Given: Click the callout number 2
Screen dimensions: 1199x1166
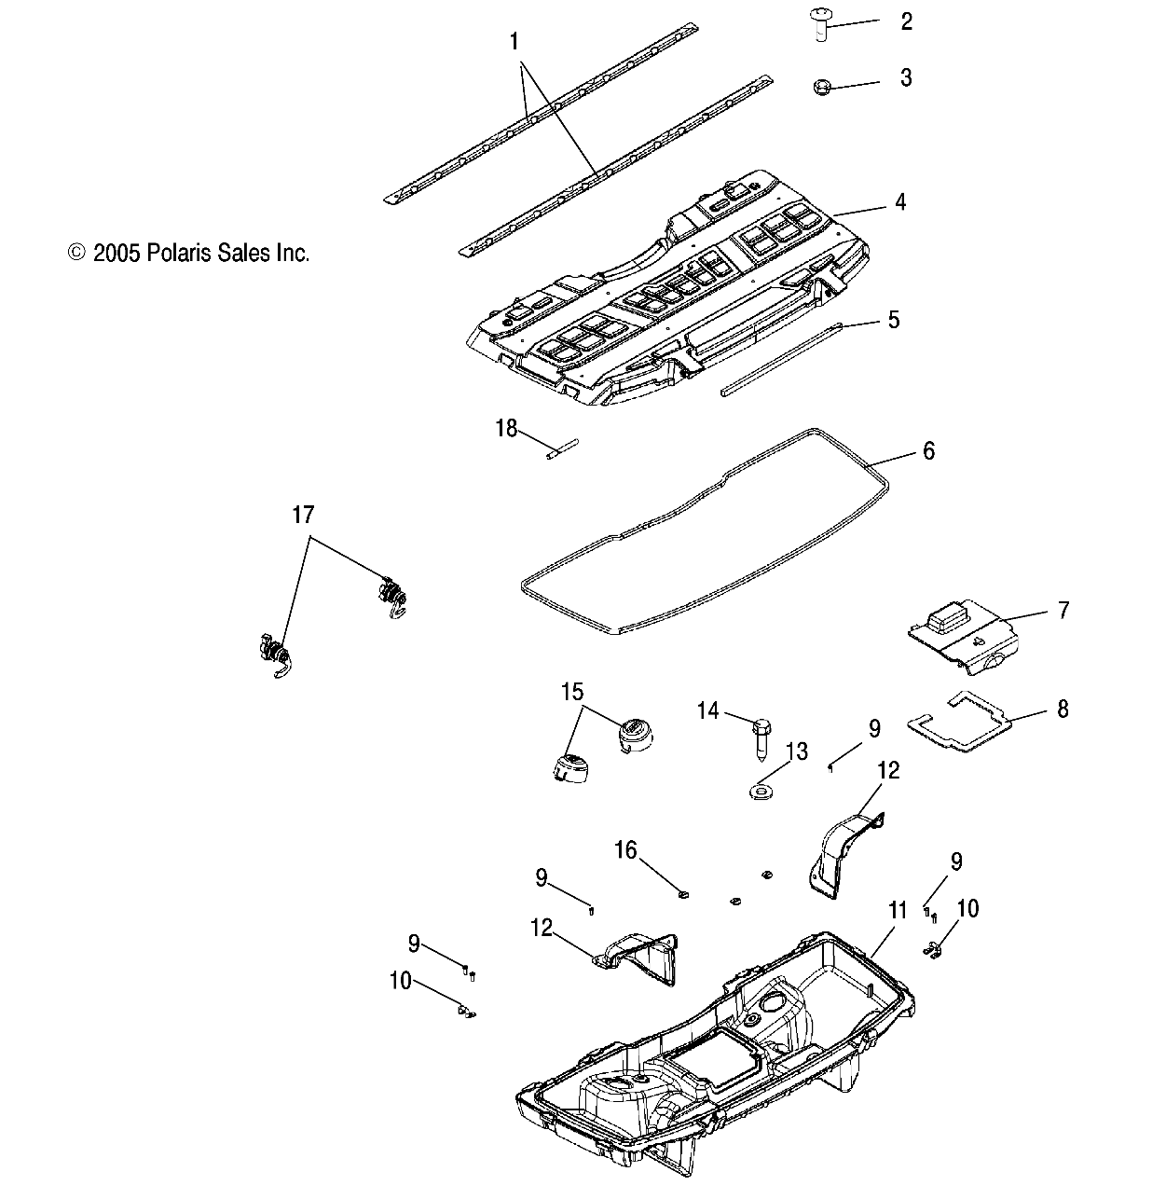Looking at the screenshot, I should coord(906,21).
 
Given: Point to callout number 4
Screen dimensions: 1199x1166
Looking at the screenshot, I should coord(900,202).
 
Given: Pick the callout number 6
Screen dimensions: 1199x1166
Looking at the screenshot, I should coord(927,451).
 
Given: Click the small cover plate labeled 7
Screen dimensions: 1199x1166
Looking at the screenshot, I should coord(960,635).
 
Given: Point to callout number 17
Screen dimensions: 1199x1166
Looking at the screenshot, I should coord(304,514).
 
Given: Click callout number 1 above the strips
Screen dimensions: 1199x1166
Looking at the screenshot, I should coord(515,41).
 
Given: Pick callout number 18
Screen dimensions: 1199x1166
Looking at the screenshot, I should coord(506,428).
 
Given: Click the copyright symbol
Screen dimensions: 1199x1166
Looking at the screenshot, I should coord(77,252).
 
